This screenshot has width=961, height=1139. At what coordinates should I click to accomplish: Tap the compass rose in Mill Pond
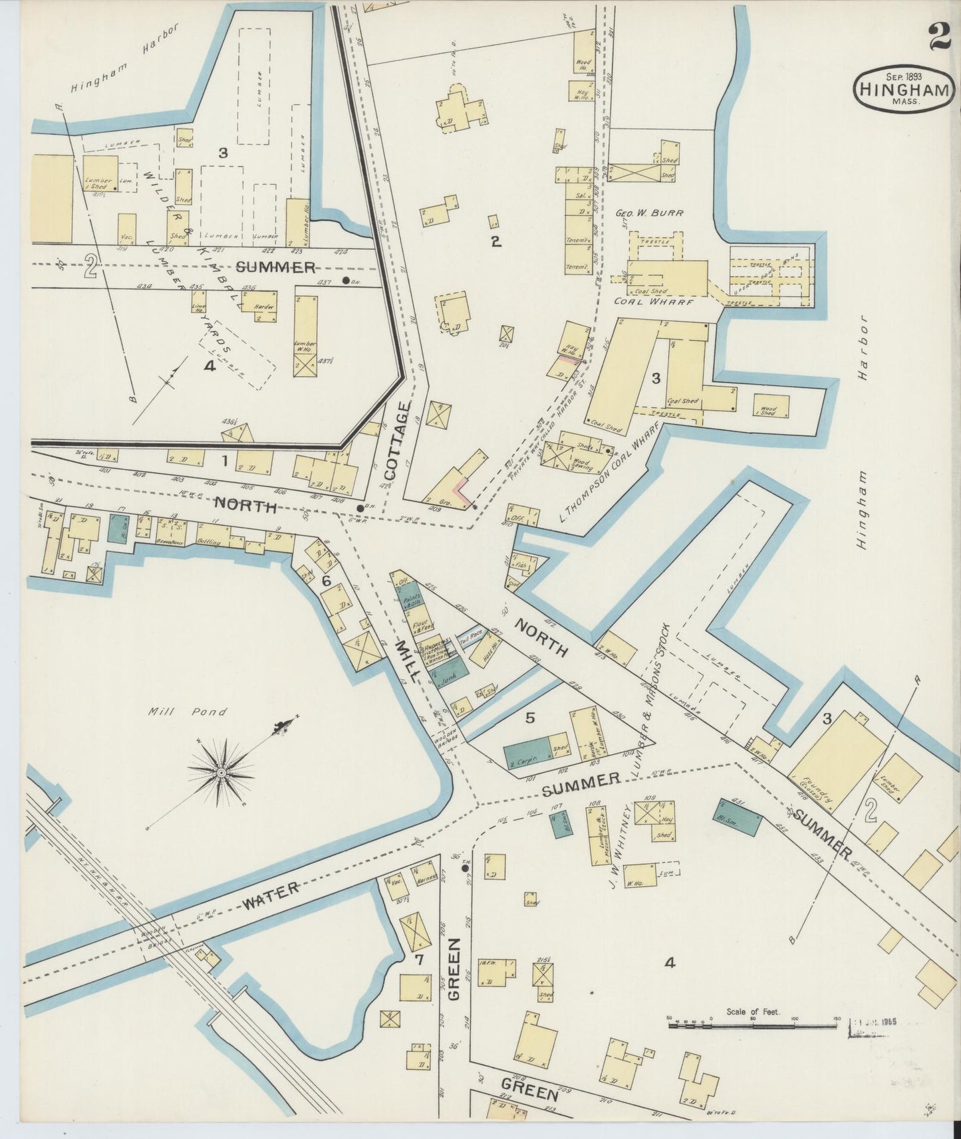(221, 773)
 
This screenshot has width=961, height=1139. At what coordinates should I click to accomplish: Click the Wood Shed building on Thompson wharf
(771, 406)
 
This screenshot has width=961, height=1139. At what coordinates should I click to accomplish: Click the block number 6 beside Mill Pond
(326, 581)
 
